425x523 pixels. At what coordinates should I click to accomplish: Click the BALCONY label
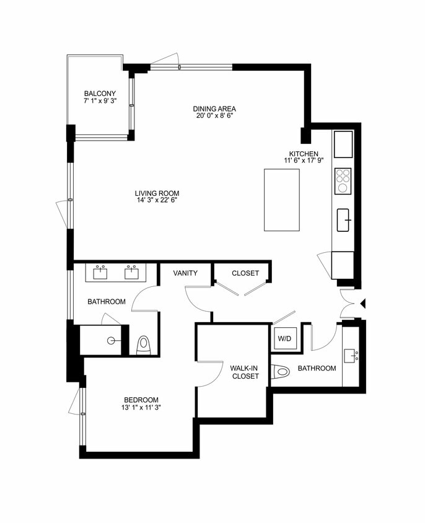click(x=100, y=94)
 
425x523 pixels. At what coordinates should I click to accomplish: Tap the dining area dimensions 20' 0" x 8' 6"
click(x=214, y=115)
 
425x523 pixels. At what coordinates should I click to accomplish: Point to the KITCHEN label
click(x=304, y=154)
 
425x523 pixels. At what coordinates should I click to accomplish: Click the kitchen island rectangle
click(x=282, y=200)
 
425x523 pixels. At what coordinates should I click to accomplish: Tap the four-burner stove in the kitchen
click(x=343, y=181)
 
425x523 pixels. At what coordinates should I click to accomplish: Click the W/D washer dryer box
click(x=284, y=339)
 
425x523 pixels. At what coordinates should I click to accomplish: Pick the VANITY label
click(x=185, y=273)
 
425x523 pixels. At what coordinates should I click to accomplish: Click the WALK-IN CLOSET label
click(x=245, y=372)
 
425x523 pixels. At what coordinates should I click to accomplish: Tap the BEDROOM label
click(x=141, y=400)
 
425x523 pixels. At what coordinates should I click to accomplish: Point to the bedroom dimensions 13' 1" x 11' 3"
click(x=141, y=407)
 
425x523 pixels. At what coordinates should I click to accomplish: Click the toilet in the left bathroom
click(x=144, y=344)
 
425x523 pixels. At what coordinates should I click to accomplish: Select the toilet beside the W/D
click(x=281, y=372)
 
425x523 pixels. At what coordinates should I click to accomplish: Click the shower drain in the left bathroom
click(x=112, y=340)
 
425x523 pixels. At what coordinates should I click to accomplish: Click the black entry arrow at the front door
click(x=364, y=303)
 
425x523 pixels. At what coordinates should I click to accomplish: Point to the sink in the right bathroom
click(x=351, y=356)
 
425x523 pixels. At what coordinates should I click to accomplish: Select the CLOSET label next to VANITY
click(x=245, y=273)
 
